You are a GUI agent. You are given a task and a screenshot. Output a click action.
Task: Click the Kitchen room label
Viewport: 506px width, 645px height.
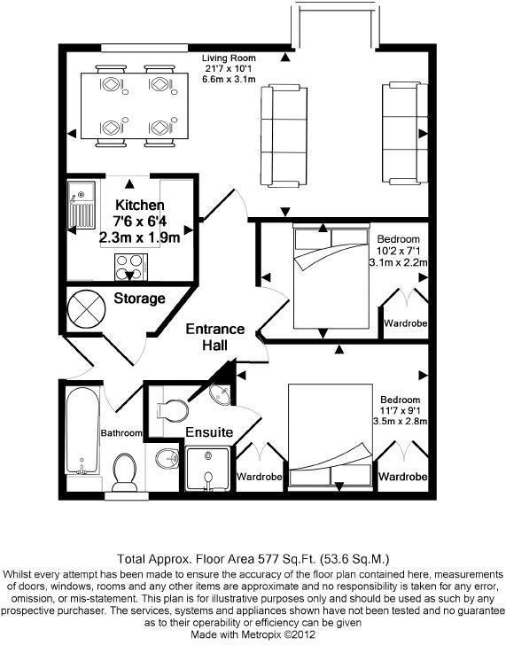[x=140, y=205]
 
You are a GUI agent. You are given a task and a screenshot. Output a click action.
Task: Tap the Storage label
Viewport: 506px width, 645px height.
[x=139, y=299]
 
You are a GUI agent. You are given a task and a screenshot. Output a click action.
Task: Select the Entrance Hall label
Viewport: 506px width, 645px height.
[x=215, y=337]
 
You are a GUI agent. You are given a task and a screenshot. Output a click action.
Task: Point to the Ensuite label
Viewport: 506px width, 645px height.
[x=209, y=432]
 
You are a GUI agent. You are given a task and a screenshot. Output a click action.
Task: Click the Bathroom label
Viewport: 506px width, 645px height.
[x=121, y=432]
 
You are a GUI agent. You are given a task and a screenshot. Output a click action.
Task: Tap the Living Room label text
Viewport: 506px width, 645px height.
[x=229, y=58]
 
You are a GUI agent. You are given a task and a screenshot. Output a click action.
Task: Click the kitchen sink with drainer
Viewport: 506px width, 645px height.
[x=82, y=206]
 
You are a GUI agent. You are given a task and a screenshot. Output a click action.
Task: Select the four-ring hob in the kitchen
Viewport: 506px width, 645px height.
[x=131, y=267]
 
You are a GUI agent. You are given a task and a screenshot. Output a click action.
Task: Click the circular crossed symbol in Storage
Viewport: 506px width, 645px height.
[x=86, y=308]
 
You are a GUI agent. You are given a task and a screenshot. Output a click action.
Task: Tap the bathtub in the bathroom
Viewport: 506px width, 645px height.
[x=82, y=431]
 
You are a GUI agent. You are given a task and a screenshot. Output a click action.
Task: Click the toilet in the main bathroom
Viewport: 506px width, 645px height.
[x=124, y=473]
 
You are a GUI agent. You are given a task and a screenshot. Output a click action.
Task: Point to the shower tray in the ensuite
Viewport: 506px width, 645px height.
[x=207, y=469]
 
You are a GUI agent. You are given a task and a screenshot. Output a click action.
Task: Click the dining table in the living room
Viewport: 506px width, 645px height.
[x=135, y=105]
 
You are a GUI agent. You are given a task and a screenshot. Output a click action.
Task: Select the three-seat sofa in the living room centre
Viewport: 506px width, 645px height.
[x=284, y=136]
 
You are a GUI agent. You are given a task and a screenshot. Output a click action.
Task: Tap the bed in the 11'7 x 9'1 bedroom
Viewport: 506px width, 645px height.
[x=331, y=436]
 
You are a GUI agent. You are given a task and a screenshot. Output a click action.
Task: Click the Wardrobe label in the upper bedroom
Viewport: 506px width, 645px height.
[x=406, y=322]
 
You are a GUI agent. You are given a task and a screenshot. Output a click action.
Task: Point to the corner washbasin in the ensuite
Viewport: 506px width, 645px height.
[x=221, y=394]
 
